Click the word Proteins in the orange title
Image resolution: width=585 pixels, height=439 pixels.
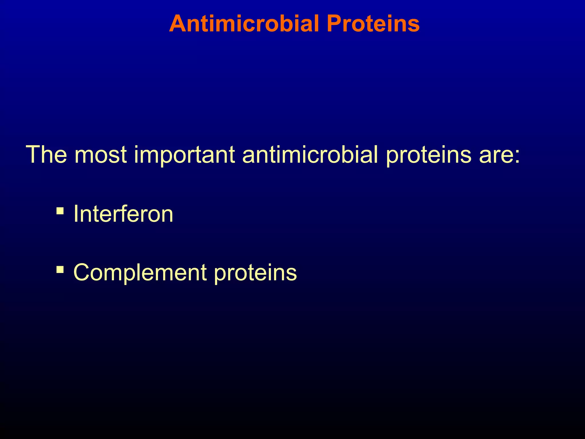(x=373, y=23)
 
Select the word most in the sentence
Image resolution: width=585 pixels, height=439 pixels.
(x=101, y=155)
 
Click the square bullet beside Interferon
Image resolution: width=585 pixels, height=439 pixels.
(x=60, y=211)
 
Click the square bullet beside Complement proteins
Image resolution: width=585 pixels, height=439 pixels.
(x=60, y=269)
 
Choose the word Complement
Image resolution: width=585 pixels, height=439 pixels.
(x=140, y=273)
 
